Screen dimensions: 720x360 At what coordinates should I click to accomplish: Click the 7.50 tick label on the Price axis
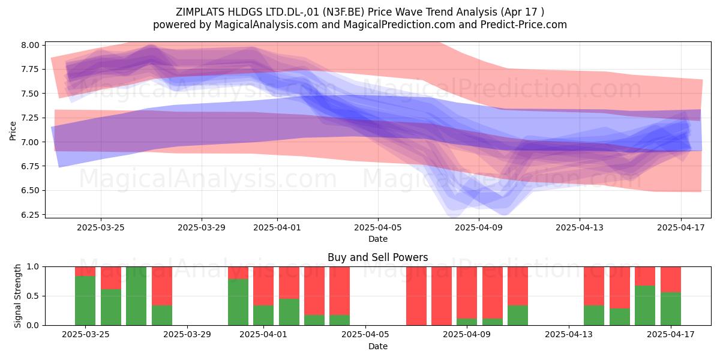pos(30,94)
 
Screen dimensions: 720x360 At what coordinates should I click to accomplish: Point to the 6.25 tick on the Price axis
pos(30,215)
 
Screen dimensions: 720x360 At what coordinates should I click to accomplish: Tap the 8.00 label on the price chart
pos(30,45)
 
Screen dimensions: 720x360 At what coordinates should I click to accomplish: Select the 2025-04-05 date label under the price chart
pos(378,227)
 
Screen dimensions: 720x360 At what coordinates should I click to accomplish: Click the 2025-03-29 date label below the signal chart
pos(187,335)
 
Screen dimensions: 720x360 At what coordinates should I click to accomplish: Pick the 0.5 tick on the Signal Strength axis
pos(33,296)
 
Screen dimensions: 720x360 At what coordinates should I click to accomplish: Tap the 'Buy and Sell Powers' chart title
pos(377,257)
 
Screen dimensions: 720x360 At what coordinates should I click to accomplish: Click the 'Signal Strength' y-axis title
pos(17,296)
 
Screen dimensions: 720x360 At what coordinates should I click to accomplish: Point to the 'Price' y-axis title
pos(13,131)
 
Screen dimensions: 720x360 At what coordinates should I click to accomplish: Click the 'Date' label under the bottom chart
pos(378,346)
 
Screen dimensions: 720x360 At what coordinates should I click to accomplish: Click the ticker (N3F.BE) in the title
pos(344,12)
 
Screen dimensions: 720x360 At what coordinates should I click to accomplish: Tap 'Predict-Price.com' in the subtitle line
pos(524,25)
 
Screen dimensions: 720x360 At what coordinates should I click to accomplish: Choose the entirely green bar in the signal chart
pos(136,296)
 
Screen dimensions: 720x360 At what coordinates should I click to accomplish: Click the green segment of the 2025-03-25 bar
pos(85,301)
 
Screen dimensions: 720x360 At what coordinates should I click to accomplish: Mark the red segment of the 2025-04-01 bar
pos(263,286)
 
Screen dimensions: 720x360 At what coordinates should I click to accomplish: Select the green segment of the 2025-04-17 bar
pos(671,308)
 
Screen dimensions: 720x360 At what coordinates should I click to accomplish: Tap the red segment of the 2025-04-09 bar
pos(467,293)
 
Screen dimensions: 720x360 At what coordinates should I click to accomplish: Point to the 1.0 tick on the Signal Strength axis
pos(33,267)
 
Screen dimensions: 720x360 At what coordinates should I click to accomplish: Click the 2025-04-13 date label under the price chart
pos(580,227)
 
